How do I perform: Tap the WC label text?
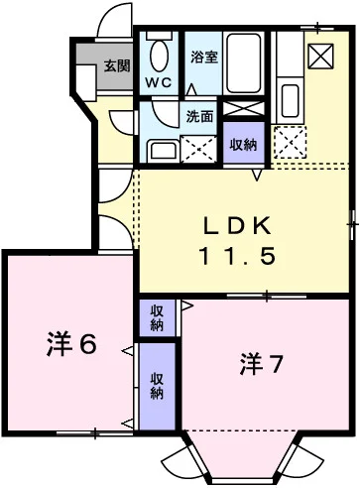[159, 82]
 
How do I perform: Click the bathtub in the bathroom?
[242, 62]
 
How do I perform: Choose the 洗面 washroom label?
[199, 116]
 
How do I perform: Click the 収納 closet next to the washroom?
[242, 144]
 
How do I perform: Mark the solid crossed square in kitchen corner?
[321, 57]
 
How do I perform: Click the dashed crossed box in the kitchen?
[290, 142]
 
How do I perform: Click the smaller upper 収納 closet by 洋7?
[157, 317]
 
